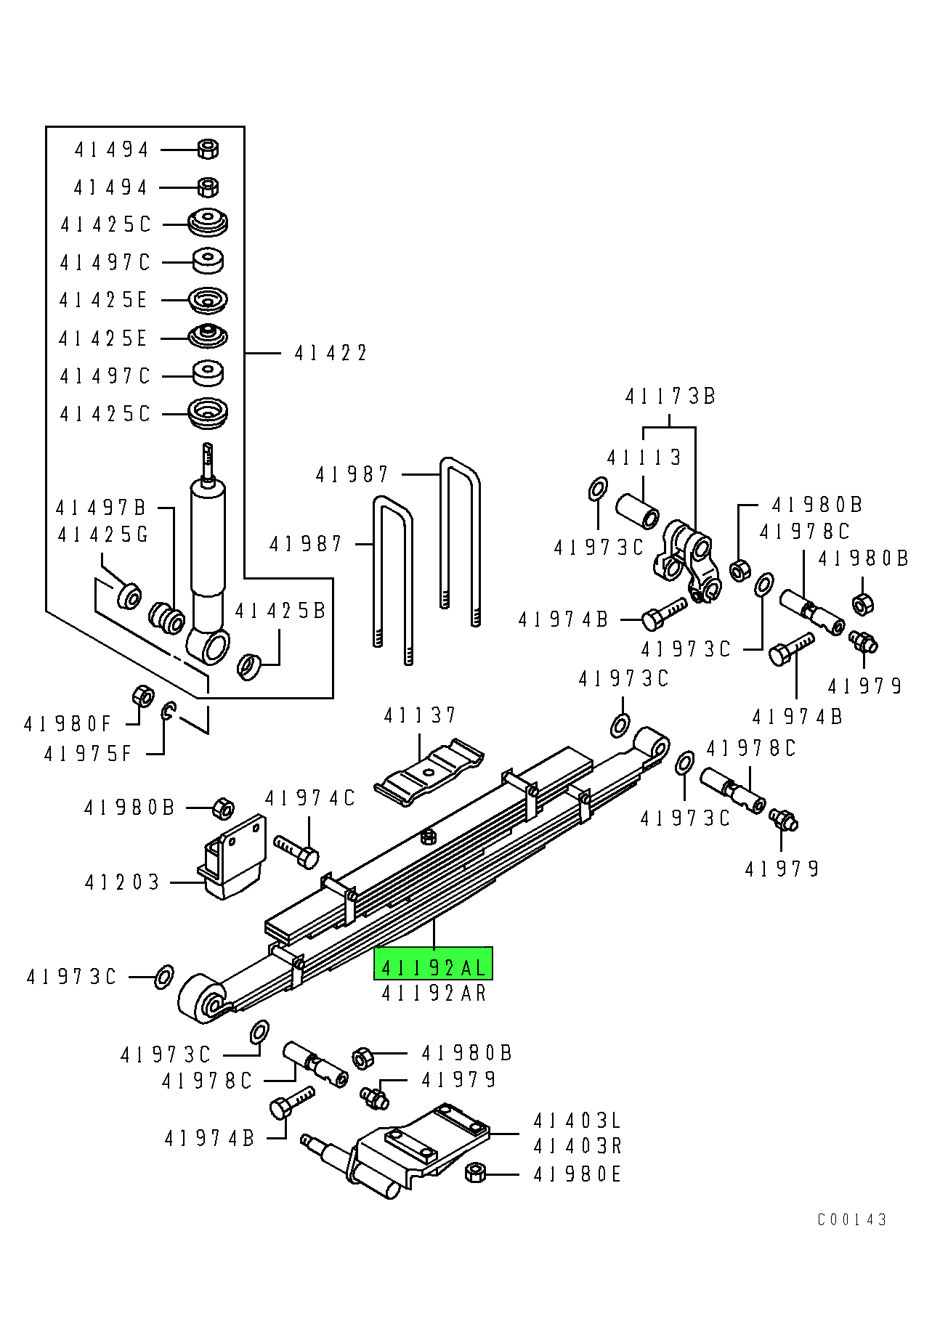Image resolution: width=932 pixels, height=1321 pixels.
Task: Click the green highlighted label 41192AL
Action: [x=433, y=967]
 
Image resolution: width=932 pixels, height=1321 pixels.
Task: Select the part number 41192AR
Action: [x=434, y=993]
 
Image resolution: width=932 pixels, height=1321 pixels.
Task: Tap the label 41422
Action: [x=331, y=354]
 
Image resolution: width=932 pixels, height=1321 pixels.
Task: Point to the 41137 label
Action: [x=420, y=716]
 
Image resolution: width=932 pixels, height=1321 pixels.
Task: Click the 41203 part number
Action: [x=122, y=882]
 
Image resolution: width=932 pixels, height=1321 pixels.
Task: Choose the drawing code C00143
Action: [x=851, y=1219]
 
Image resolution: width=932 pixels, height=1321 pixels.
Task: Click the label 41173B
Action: [x=670, y=397]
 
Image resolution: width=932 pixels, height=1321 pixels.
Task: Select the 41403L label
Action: [x=578, y=1121]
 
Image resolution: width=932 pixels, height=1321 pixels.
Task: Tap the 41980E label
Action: [x=578, y=1174]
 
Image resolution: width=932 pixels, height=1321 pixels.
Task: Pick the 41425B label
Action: [x=280, y=611]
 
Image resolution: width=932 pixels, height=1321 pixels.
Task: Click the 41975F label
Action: [x=88, y=754]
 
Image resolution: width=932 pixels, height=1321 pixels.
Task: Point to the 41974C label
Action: [x=309, y=799]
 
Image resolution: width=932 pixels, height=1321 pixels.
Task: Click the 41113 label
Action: [x=644, y=458]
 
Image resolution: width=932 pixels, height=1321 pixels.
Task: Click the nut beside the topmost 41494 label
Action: [x=208, y=150]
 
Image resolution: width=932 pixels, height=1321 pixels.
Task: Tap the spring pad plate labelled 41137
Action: [x=429, y=773]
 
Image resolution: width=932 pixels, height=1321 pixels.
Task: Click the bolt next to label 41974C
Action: [x=297, y=851]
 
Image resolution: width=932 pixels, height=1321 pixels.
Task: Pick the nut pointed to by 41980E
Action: [x=475, y=1172]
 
